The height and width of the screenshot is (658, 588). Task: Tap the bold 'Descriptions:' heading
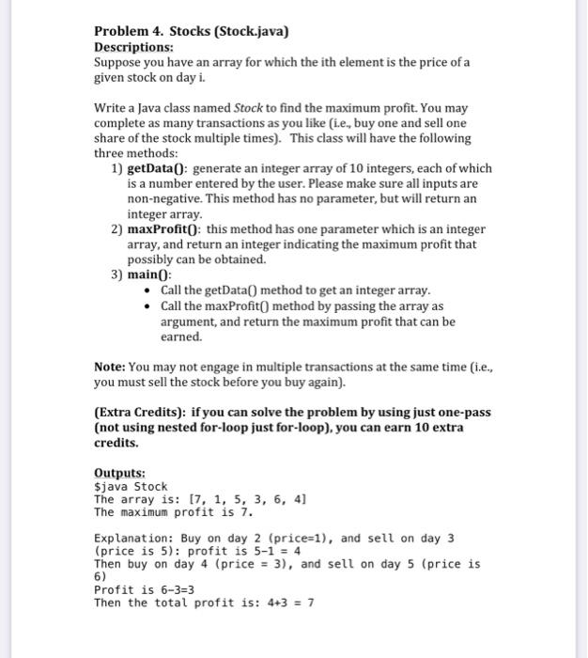click(133, 46)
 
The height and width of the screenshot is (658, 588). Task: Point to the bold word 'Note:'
click(110, 367)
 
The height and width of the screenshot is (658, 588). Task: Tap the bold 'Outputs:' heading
click(119, 473)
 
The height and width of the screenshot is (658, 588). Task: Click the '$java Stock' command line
click(131, 486)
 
